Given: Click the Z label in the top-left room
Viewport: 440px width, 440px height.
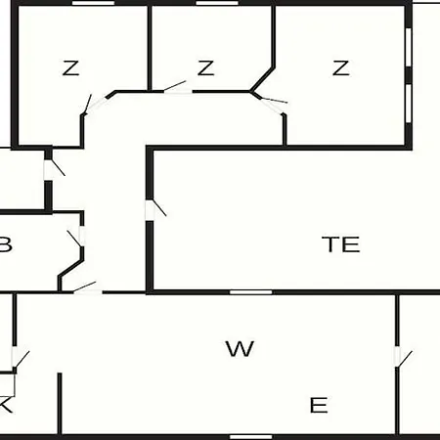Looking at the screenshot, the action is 70,67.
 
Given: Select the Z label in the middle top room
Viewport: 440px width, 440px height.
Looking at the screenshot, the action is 206,67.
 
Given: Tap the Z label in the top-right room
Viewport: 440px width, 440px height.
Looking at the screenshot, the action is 341,67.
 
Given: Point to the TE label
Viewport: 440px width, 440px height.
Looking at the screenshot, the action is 341,244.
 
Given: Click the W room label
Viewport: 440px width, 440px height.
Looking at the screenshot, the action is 240,349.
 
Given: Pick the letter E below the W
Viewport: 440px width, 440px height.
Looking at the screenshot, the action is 319,405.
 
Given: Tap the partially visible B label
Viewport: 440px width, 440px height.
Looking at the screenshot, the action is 6,244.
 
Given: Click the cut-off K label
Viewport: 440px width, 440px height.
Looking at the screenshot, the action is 6,405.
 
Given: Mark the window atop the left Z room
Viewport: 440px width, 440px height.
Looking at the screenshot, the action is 93,3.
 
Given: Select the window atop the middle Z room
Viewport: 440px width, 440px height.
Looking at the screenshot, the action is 217,3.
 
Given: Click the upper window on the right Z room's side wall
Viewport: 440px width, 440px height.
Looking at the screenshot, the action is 409,47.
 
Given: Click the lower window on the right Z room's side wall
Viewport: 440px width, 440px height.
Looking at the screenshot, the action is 409,104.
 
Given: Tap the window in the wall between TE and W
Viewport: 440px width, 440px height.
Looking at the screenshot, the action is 251,292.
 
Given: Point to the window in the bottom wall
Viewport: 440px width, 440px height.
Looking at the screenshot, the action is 251,437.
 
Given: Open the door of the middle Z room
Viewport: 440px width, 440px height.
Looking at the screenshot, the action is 176,88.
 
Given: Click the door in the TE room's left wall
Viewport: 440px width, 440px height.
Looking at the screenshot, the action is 154,208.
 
